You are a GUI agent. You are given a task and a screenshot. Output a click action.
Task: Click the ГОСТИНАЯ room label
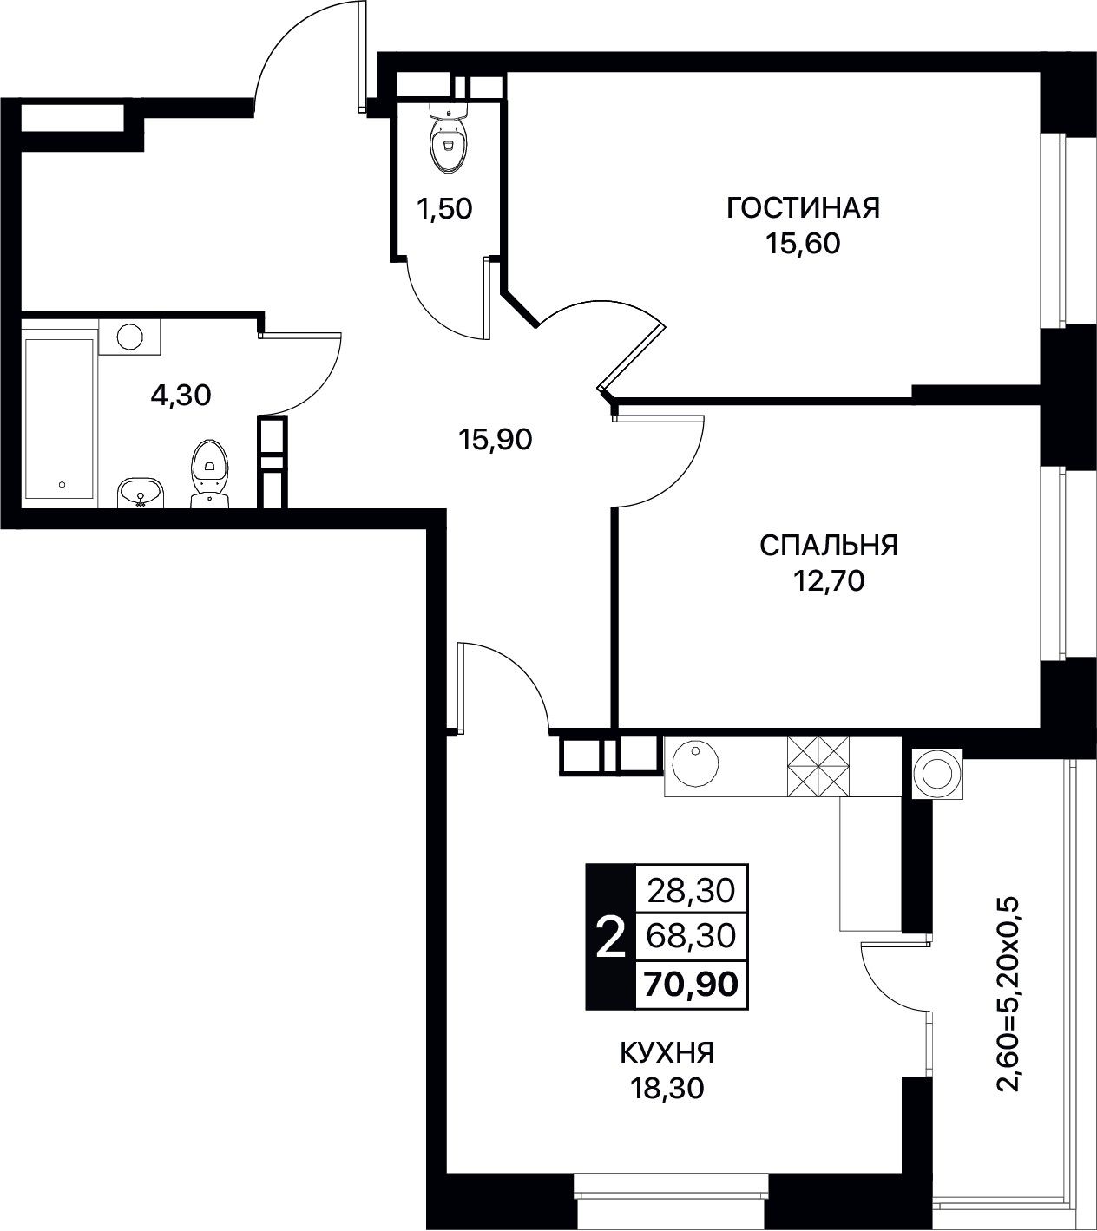803,208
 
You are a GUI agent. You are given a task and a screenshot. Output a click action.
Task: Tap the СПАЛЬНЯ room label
828,546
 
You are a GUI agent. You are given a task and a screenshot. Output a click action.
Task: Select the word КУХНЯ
667,1053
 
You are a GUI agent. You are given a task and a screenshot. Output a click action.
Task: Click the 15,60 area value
803,244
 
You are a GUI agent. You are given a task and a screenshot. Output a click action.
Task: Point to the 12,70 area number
828,581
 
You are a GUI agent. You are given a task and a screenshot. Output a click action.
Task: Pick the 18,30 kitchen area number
667,1088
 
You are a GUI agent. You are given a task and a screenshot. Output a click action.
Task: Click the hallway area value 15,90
496,439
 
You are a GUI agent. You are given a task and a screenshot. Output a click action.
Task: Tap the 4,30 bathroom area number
181,396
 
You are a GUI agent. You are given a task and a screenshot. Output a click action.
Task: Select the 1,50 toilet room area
444,210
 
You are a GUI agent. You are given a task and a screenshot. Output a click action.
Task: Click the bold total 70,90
691,984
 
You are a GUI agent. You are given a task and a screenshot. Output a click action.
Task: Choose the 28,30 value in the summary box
691,891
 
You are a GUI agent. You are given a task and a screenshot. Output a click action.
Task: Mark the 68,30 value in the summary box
691,936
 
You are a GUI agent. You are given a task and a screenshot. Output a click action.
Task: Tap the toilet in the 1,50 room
450,139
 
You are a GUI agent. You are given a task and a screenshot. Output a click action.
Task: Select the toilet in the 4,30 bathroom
210,475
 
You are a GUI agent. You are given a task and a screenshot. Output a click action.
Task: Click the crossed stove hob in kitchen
818,766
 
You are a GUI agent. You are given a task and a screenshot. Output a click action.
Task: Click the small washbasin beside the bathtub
141,492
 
